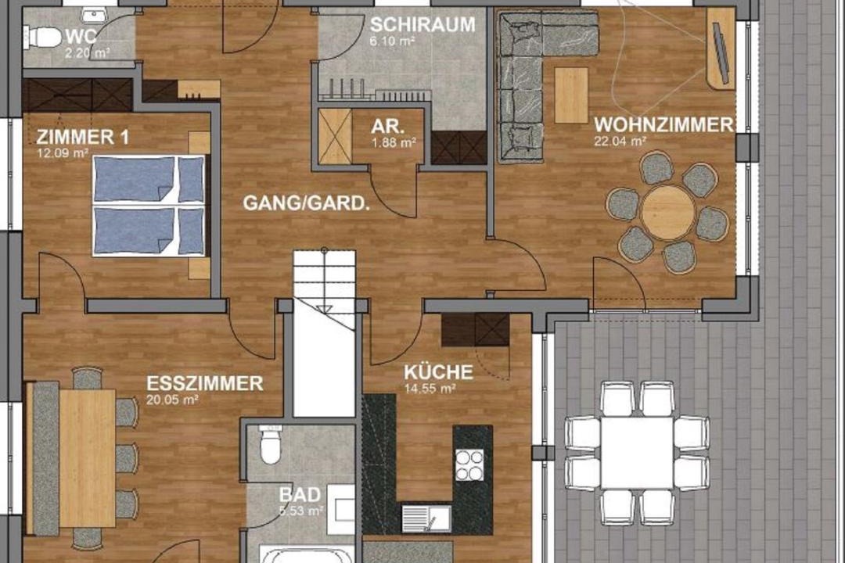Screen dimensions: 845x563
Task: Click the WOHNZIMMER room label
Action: tap(663, 124)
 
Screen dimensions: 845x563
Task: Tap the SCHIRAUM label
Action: tap(422, 25)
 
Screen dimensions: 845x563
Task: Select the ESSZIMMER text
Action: tap(205, 383)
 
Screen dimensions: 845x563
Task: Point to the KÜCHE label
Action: tap(439, 371)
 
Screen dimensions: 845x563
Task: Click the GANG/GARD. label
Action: tap(306, 203)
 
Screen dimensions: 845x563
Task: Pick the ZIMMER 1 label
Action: tap(83, 137)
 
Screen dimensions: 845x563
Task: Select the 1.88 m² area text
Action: tap(394, 143)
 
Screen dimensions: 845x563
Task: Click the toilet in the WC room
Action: tap(44, 38)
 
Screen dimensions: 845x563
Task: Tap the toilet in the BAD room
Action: tap(270, 443)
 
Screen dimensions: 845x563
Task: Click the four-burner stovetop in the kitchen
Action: tap(469, 465)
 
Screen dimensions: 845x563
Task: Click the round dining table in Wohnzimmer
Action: tap(667, 212)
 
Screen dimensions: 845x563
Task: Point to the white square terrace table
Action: tap(637, 454)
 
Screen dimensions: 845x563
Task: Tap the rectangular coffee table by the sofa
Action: tap(571, 95)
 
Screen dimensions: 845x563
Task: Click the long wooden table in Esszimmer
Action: tap(88, 458)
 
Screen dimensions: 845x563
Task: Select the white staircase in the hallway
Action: tap(324, 332)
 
